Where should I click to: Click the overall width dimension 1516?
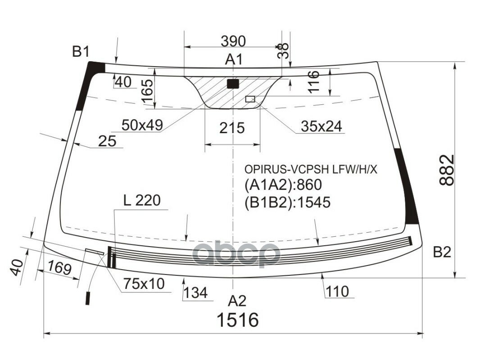tap(238, 320)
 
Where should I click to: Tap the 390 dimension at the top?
tap(233, 41)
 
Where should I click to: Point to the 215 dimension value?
tap(232, 128)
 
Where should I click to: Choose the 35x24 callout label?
tap(322, 126)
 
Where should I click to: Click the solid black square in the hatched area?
tap(233, 84)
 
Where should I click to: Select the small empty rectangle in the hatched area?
tap(250, 99)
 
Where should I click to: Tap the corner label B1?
tap(81, 52)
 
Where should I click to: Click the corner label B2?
tap(442, 253)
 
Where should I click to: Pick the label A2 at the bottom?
tap(237, 301)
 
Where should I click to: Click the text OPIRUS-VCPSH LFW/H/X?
tap(311, 169)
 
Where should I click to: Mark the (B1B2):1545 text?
tap(287, 202)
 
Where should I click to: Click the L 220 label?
tap(142, 201)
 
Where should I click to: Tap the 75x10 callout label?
tap(144, 284)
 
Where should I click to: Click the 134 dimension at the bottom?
tap(195, 293)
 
